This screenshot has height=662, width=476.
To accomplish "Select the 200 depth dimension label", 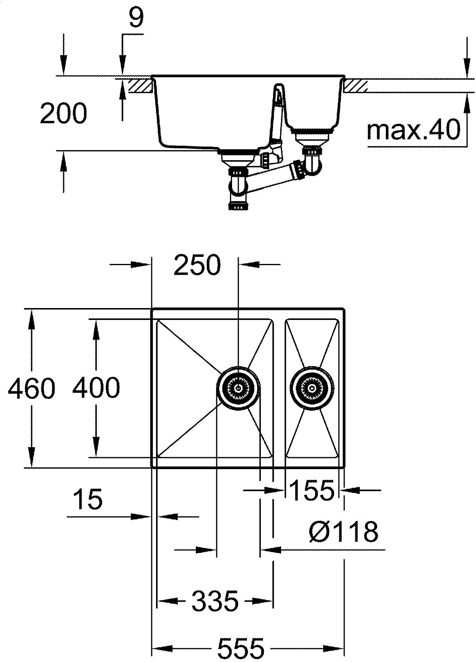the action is [63, 113].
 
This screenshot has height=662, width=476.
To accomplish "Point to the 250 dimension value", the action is [198, 265].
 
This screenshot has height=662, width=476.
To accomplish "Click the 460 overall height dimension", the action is [31, 388].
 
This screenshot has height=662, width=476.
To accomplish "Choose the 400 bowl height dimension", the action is [96, 387].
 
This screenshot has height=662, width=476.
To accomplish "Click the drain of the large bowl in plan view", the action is [238, 388].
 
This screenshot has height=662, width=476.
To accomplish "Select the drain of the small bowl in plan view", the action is [312, 388].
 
